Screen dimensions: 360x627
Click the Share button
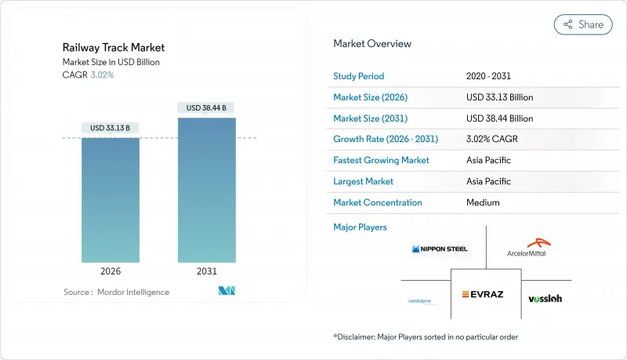583,24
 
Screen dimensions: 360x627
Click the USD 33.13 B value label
111,128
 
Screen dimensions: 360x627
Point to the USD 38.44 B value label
207,107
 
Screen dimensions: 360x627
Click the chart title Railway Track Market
114,48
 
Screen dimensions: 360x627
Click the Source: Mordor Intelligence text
116,292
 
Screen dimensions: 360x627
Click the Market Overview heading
372,44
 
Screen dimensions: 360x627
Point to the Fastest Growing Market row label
381,160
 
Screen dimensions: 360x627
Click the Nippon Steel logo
440,249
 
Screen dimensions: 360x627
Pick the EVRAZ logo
486,294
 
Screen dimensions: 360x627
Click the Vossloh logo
545,298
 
